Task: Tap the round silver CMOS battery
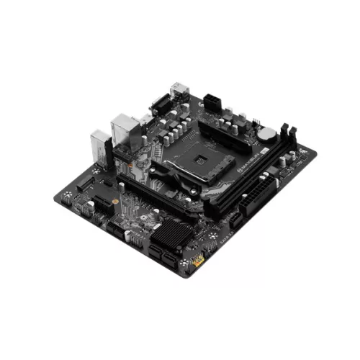coord(268,133)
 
